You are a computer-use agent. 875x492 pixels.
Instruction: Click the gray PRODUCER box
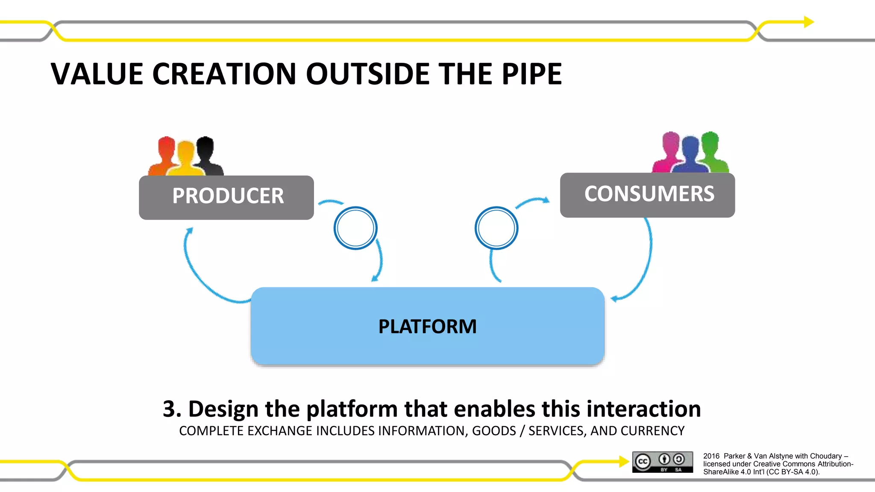(x=226, y=197)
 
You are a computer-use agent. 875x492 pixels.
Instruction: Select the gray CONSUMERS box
(x=648, y=195)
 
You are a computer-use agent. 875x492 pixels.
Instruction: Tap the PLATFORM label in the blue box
(x=427, y=326)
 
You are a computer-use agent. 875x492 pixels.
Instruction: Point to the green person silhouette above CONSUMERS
(x=712, y=152)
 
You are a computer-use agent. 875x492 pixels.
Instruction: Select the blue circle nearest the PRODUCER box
(x=355, y=228)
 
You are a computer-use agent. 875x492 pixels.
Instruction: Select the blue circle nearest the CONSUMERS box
(x=496, y=228)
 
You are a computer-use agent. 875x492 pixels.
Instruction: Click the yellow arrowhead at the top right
(x=808, y=22)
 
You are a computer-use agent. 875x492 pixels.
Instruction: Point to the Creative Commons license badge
(x=663, y=462)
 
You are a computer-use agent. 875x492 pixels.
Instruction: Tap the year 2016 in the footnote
(x=711, y=456)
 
